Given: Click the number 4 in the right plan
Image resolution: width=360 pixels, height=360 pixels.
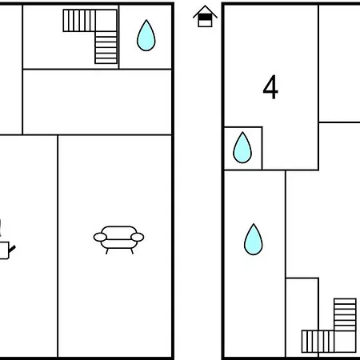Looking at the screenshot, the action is pyautogui.click(x=270, y=87).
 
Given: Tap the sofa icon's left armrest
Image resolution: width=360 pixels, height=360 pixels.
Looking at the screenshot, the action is pyautogui.click(x=100, y=237).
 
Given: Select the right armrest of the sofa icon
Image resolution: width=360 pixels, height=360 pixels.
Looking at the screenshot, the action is pyautogui.click(x=137, y=237).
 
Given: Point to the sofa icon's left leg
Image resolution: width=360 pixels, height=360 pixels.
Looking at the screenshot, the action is pyautogui.click(x=107, y=251).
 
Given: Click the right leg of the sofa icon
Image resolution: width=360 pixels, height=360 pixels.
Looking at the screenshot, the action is pyautogui.click(x=132, y=251).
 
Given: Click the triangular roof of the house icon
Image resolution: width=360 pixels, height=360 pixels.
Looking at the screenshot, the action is pyautogui.click(x=205, y=12).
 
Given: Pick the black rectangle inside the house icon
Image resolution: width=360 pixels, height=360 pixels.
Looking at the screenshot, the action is pyautogui.click(x=205, y=18).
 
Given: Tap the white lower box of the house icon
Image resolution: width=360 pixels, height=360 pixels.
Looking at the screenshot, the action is pyautogui.click(x=205, y=23).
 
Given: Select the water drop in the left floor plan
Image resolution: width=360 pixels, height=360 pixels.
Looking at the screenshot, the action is pyautogui.click(x=146, y=35).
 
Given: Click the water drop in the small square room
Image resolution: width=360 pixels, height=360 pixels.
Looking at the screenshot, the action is pyautogui.click(x=242, y=147).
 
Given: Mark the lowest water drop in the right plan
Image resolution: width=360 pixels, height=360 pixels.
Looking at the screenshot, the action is pyautogui.click(x=254, y=239).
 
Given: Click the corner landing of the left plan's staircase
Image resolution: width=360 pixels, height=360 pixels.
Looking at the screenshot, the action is pyautogui.click(x=106, y=21).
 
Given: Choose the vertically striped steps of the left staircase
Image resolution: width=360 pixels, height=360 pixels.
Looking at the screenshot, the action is pyautogui.click(x=79, y=21).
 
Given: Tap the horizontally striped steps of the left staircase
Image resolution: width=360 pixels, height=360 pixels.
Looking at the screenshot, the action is pyautogui.click(x=106, y=48).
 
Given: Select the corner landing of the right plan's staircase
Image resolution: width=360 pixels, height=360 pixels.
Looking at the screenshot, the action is pyautogui.click(x=345, y=342).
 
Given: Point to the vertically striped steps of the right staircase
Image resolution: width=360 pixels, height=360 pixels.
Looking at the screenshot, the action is pyautogui.click(x=318, y=342).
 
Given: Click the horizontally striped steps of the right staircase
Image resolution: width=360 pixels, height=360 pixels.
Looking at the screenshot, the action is pyautogui.click(x=345, y=314).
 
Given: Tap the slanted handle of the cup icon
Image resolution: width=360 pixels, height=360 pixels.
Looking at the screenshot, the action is pyautogui.click(x=12, y=249).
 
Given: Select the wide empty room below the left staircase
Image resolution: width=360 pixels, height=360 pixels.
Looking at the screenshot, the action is pyautogui.click(x=97, y=102).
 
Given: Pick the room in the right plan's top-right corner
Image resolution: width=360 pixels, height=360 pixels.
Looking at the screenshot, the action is pyautogui.click(x=339, y=63).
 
